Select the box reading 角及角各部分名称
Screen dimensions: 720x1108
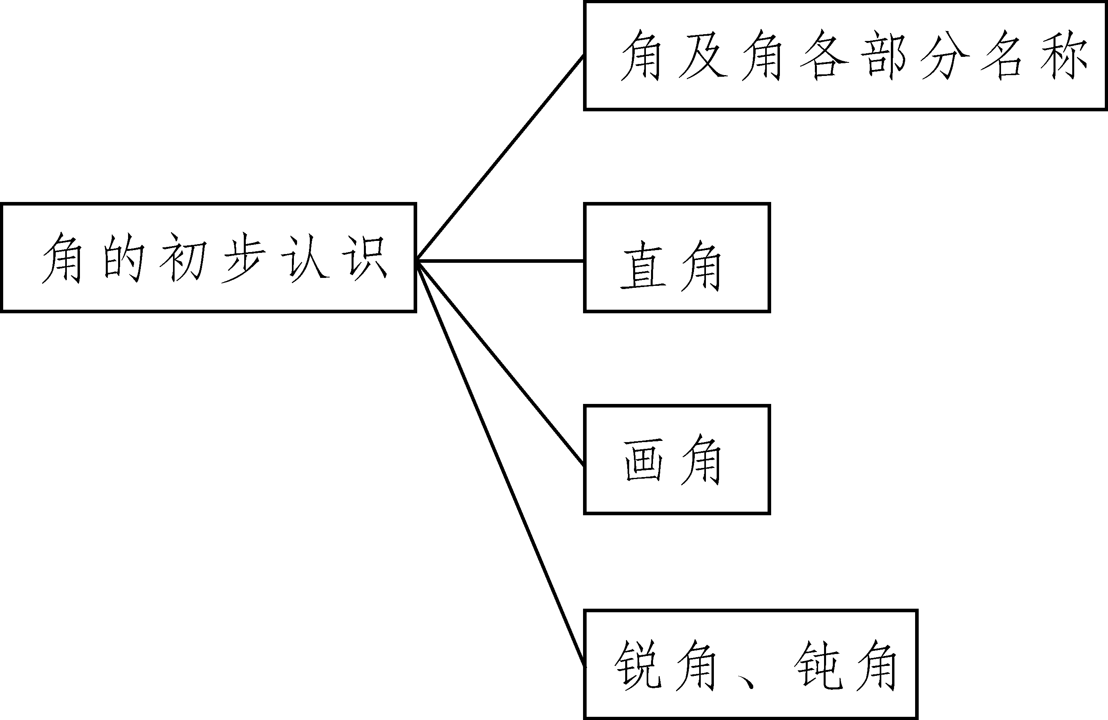click(x=845, y=56)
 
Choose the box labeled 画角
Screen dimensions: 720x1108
click(x=677, y=459)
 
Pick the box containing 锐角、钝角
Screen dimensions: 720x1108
click(x=750, y=665)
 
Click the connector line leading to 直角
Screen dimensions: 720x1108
click(x=500, y=261)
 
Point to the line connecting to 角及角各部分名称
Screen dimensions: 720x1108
click(x=500, y=158)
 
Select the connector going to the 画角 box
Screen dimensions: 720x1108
click(x=500, y=363)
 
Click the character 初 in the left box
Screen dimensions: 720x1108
click(x=183, y=257)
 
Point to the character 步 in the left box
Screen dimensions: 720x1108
click(x=243, y=257)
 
